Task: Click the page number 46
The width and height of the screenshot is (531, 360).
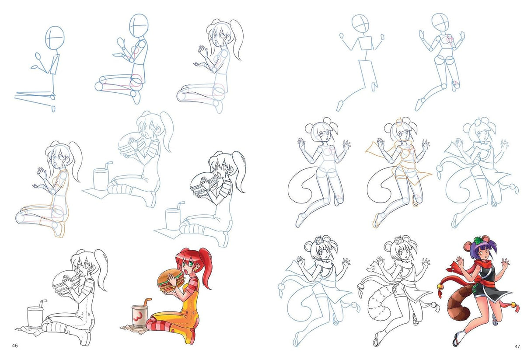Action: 15,346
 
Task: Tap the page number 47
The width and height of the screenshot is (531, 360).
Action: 517,346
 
